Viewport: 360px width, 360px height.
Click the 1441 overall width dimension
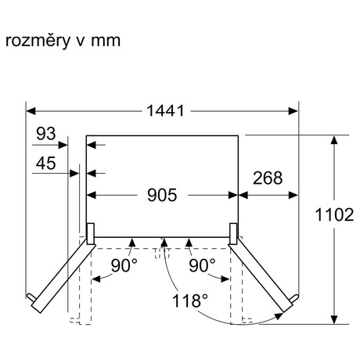point(165,110)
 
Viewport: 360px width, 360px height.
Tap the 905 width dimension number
point(162,195)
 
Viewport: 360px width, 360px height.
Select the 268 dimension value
point(268,178)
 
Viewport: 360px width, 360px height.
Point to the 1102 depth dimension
point(334,214)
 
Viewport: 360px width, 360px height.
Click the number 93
point(46,134)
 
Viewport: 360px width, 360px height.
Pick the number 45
point(45,164)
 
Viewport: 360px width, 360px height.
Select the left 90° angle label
point(124,265)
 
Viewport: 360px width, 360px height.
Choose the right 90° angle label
point(202,265)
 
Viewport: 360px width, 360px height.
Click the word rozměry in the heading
point(38,41)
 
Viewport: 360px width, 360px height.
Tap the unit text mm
point(106,41)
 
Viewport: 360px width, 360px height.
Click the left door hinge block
point(91,234)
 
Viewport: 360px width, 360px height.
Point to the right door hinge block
point(233,234)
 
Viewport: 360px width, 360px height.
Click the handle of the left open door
point(31,297)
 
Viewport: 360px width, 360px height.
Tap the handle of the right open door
point(293,298)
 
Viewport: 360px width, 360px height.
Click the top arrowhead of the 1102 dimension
point(334,140)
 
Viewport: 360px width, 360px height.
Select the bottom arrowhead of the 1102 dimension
point(334,319)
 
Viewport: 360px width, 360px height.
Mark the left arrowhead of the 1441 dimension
point(31,111)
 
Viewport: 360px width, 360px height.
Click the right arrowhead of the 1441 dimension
point(293,111)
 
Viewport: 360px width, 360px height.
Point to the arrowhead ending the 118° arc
point(279,316)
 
